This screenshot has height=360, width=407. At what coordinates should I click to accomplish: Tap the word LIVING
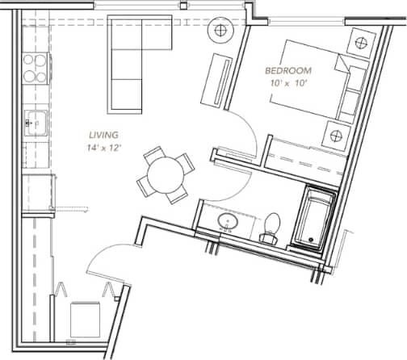(x=105, y=135)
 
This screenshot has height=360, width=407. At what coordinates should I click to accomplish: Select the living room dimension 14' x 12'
(x=105, y=148)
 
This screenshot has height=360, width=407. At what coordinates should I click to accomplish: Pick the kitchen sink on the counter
(x=36, y=123)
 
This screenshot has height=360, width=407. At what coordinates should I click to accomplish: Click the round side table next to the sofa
(x=220, y=31)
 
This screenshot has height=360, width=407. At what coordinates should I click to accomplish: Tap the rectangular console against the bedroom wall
(x=220, y=79)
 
